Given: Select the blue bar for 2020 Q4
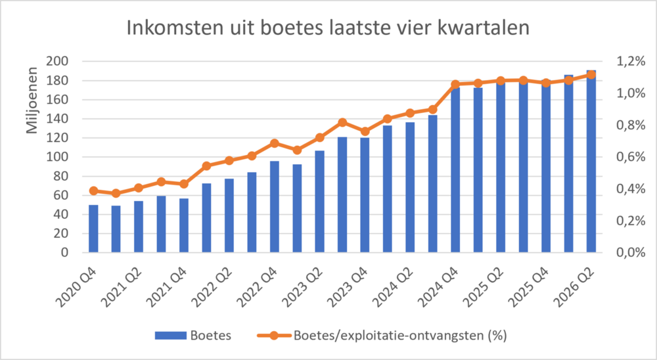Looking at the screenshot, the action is tap(93, 229).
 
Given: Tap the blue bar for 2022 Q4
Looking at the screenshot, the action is tap(275, 207).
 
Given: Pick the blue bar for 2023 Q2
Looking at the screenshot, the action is tap(320, 202).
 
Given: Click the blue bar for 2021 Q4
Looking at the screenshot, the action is tap(184, 225).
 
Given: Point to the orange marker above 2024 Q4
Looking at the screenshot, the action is tap(455, 84).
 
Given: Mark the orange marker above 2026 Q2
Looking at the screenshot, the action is tap(591, 75).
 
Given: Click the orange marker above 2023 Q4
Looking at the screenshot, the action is tap(365, 131).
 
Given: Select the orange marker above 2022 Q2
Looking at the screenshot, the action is tap(229, 160).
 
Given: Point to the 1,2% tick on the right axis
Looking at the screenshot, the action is tap(631, 62).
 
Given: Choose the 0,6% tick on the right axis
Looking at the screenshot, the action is tap(631, 157).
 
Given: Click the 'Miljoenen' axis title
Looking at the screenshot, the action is tap(32, 101).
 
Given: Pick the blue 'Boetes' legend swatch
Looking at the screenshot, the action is tap(171, 336).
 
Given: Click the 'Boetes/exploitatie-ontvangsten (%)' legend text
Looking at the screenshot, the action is tap(400, 336).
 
